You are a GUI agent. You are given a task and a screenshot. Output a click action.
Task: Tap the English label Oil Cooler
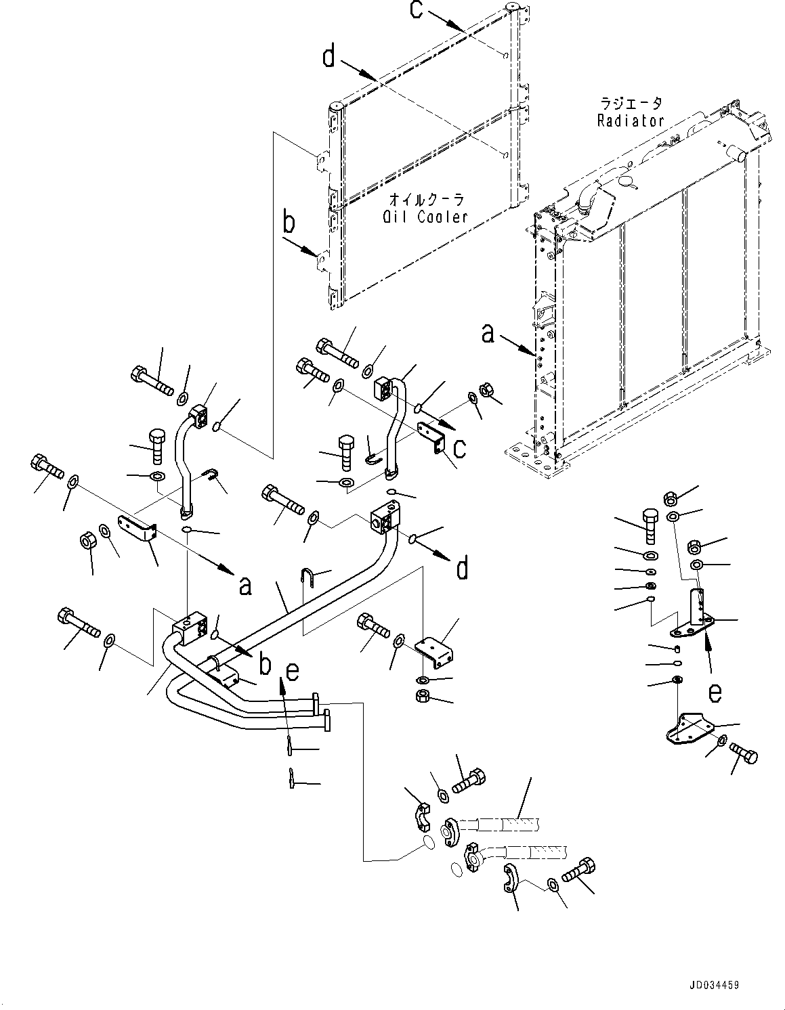(425, 217)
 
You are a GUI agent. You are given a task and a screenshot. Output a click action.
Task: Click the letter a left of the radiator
(488, 333)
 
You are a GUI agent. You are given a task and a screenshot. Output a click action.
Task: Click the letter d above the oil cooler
(328, 57)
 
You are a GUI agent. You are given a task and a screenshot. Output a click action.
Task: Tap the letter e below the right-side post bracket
(715, 693)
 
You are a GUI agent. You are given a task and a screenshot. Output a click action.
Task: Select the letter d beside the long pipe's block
(462, 568)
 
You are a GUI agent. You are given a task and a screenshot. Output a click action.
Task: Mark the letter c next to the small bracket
(459, 447)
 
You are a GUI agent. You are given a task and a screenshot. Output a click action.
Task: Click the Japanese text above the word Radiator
(631, 104)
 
